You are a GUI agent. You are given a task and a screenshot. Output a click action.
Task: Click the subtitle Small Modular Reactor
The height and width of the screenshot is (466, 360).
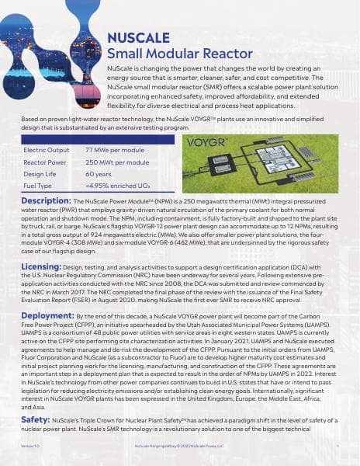[x=179, y=54]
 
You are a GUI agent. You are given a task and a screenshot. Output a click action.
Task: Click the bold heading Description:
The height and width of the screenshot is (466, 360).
[x=47, y=200]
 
